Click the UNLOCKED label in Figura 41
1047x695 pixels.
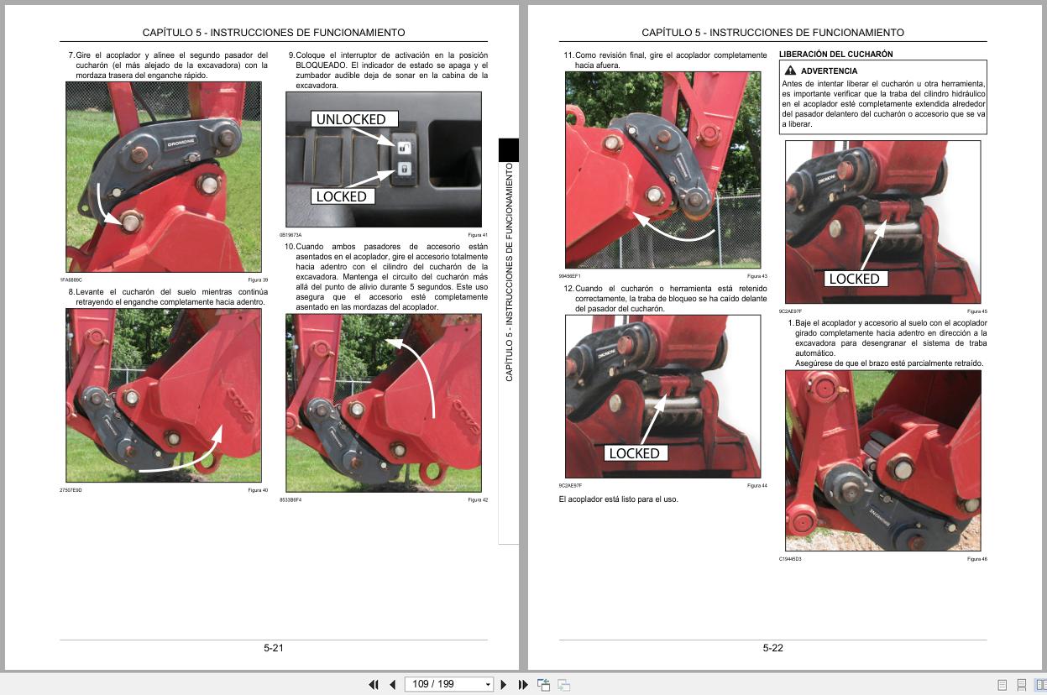(350, 119)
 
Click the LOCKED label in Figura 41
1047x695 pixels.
(341, 196)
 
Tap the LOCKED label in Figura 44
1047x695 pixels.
(634, 453)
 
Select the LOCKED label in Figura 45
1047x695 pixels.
(853, 279)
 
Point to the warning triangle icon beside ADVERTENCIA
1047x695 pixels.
(790, 71)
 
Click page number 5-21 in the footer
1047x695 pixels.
(274, 647)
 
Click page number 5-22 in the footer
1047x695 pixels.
(772, 647)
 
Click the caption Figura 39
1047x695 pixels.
(258, 280)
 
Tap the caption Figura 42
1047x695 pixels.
(478, 500)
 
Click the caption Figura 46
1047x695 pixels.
(976, 559)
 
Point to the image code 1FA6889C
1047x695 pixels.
(71, 280)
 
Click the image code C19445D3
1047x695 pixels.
(790, 559)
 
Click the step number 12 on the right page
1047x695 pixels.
(568, 289)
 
